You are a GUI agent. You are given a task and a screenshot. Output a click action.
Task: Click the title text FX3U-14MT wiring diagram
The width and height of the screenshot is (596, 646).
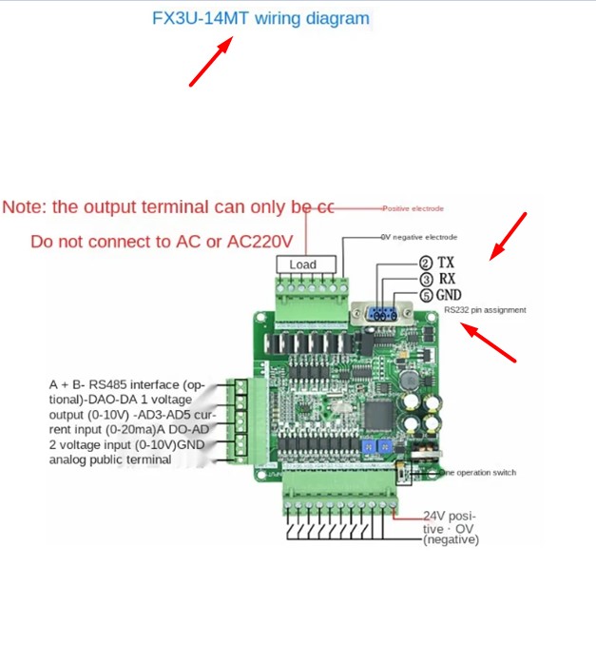tap(260, 18)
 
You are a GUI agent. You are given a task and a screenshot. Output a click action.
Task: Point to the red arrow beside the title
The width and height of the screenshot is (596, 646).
tap(210, 62)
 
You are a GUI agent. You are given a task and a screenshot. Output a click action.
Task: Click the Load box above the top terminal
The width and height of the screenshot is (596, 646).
tap(303, 264)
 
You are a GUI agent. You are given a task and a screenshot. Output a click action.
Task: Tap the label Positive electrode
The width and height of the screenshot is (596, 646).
tap(413, 207)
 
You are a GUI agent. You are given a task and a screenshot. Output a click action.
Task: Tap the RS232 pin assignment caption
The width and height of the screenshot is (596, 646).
tap(485, 310)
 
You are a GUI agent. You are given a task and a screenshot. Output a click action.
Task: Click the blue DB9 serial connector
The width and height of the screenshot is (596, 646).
tap(381, 315)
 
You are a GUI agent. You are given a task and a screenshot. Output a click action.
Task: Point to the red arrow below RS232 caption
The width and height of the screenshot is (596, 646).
tap(490, 343)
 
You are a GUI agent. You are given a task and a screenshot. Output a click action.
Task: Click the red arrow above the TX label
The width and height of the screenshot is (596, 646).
tap(508, 235)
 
